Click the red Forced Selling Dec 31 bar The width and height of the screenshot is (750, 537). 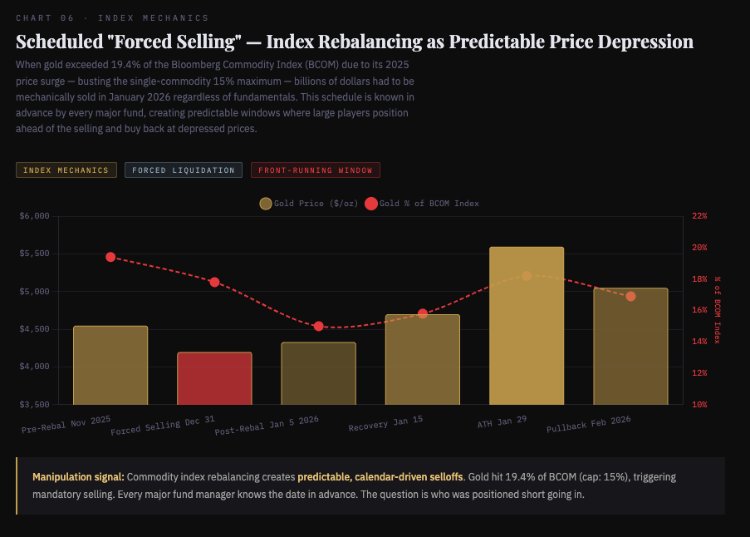coord(214,378)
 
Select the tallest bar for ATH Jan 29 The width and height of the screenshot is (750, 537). coord(527,326)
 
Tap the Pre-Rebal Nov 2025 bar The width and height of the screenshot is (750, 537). coord(110,365)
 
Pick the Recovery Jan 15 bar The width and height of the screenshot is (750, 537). coord(422,359)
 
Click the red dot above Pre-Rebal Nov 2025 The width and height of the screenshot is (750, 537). coord(110,257)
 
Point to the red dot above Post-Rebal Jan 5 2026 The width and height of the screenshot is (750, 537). coord(318,326)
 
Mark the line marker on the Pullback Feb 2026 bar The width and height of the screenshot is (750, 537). coord(630,296)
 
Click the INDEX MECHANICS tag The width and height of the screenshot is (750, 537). coord(66,170)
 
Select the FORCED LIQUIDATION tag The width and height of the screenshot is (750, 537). coord(184,170)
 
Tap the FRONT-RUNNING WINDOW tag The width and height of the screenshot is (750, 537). coord(315,170)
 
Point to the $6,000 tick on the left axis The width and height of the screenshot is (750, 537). coord(34,216)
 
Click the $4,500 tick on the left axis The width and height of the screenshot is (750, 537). coord(34,329)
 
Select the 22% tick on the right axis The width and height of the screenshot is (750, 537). coord(699,216)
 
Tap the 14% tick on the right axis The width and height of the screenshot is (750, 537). coord(699,342)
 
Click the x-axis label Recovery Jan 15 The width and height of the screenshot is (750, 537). coord(385,424)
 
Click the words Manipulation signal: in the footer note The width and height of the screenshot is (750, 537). coord(78,477)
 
